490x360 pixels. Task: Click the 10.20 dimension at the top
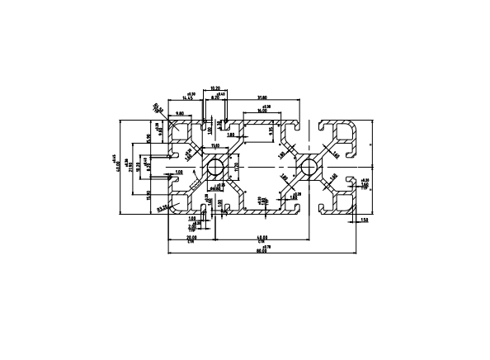215,88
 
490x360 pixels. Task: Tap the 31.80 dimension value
261,98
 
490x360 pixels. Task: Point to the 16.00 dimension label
260,115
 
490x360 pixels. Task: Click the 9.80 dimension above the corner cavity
181,113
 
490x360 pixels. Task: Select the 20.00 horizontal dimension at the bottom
191,239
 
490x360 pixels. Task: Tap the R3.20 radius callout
163,207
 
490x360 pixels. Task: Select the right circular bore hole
309,168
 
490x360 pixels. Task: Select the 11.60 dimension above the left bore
215,146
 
